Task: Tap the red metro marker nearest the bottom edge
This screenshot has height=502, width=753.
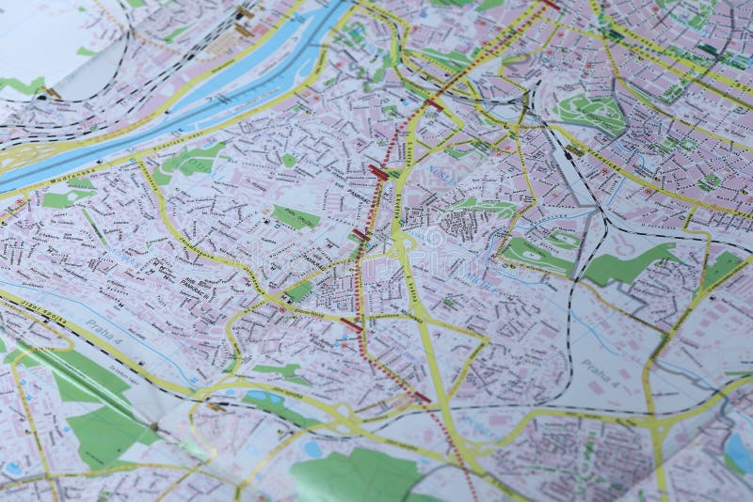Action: point(421,398)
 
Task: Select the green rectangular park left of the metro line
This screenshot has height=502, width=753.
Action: point(295,217)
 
